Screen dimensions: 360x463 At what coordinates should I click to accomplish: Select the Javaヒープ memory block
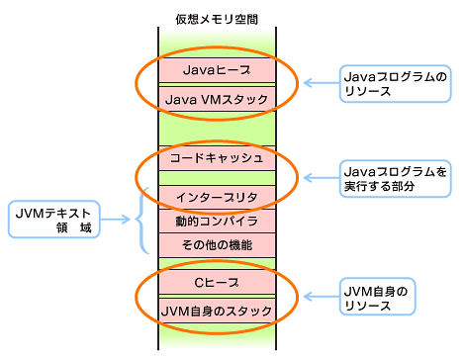(x=216, y=70)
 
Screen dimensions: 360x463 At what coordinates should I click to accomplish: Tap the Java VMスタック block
(x=216, y=99)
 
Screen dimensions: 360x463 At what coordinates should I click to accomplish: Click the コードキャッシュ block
(x=216, y=157)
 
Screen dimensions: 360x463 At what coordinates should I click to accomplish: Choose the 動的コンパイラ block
(x=216, y=220)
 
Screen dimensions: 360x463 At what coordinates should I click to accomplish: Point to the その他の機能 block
(x=216, y=243)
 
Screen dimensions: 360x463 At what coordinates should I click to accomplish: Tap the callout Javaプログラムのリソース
(x=394, y=83)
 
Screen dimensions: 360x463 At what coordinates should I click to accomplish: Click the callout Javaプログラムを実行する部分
(x=394, y=178)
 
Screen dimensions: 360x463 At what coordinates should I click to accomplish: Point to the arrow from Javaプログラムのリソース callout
(x=318, y=83)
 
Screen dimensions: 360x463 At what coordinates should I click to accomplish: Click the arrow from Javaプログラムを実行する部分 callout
(x=318, y=178)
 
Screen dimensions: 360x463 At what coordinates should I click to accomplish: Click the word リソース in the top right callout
(x=371, y=91)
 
